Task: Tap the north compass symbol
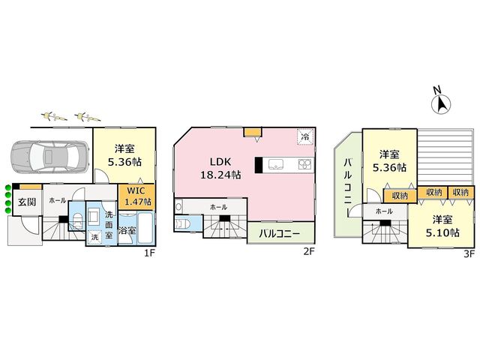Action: (441, 103)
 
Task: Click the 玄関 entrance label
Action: (27, 202)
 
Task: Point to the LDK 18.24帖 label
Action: (220, 168)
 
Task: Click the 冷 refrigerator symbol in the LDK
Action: (305, 136)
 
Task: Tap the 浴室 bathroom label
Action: (127, 230)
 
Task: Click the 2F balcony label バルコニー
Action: (279, 234)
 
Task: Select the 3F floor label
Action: (468, 254)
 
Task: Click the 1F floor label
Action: (150, 253)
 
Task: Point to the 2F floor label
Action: (309, 252)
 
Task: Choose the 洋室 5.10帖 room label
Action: (442, 226)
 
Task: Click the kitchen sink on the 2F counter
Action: (276, 165)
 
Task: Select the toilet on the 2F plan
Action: (184, 223)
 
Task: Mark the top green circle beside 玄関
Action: (8, 187)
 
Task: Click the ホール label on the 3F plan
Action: (384, 211)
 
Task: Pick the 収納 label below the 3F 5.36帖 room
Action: (400, 196)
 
